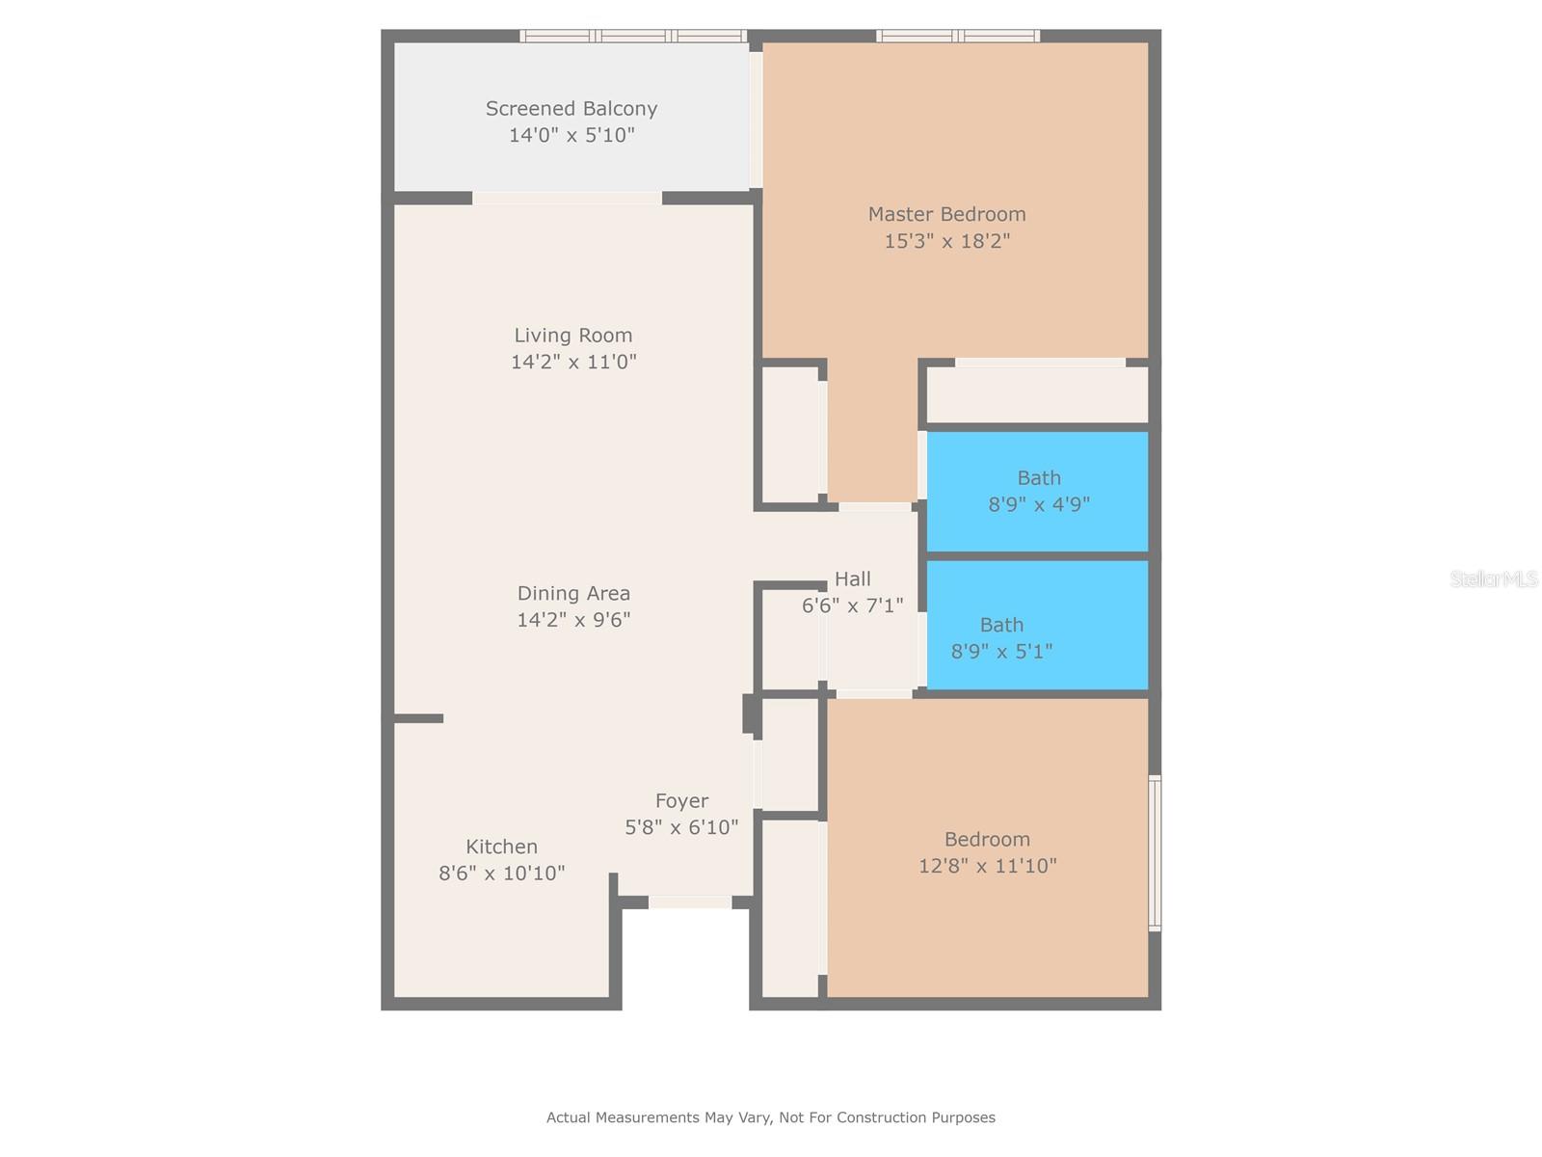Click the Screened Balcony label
pyautogui.click(x=572, y=109)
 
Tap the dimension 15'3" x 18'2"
pyautogui.click(x=947, y=241)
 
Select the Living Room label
pyautogui.click(x=573, y=336)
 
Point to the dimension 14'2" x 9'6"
pyautogui.click(x=573, y=620)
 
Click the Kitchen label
pyautogui.click(x=501, y=847)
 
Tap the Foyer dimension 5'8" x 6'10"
pyautogui.click(x=681, y=827)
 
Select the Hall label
pyautogui.click(x=852, y=579)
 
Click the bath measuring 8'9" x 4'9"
pyautogui.click(x=1038, y=492)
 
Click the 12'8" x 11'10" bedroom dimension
pyautogui.click(x=987, y=866)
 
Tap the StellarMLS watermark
pyautogui.click(x=1493, y=579)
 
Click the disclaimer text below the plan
pyautogui.click(x=771, y=1117)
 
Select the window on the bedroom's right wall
pyautogui.click(x=1155, y=852)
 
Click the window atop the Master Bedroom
pyautogui.click(x=957, y=37)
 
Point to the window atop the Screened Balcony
pyautogui.click(x=633, y=37)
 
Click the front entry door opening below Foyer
pyautogui.click(x=689, y=902)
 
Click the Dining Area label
pyautogui.click(x=573, y=594)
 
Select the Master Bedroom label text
pyautogui.click(x=947, y=214)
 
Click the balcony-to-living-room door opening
pyautogui.click(x=567, y=198)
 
